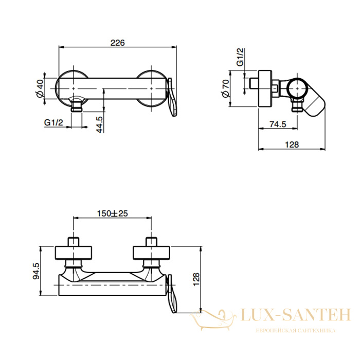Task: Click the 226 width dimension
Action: click(x=118, y=43)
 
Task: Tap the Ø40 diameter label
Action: click(x=40, y=88)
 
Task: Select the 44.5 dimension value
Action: click(x=99, y=124)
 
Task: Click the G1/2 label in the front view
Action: click(x=53, y=122)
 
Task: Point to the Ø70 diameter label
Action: click(x=226, y=88)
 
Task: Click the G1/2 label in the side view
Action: click(x=240, y=57)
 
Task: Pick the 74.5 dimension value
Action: click(x=278, y=124)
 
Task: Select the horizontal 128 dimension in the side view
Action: click(x=292, y=145)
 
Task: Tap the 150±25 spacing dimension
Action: click(x=112, y=213)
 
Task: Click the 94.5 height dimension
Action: click(x=37, y=271)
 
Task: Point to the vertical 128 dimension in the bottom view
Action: click(x=196, y=279)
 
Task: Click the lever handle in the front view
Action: click(x=173, y=97)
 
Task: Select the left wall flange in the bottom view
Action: click(x=74, y=253)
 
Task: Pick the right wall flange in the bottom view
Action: click(x=152, y=253)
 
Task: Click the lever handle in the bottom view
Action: click(x=173, y=294)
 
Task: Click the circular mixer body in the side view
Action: click(x=297, y=88)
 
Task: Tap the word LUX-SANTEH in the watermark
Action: click(x=296, y=315)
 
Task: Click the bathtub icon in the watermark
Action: click(x=213, y=319)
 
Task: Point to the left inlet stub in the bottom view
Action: click(x=74, y=242)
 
